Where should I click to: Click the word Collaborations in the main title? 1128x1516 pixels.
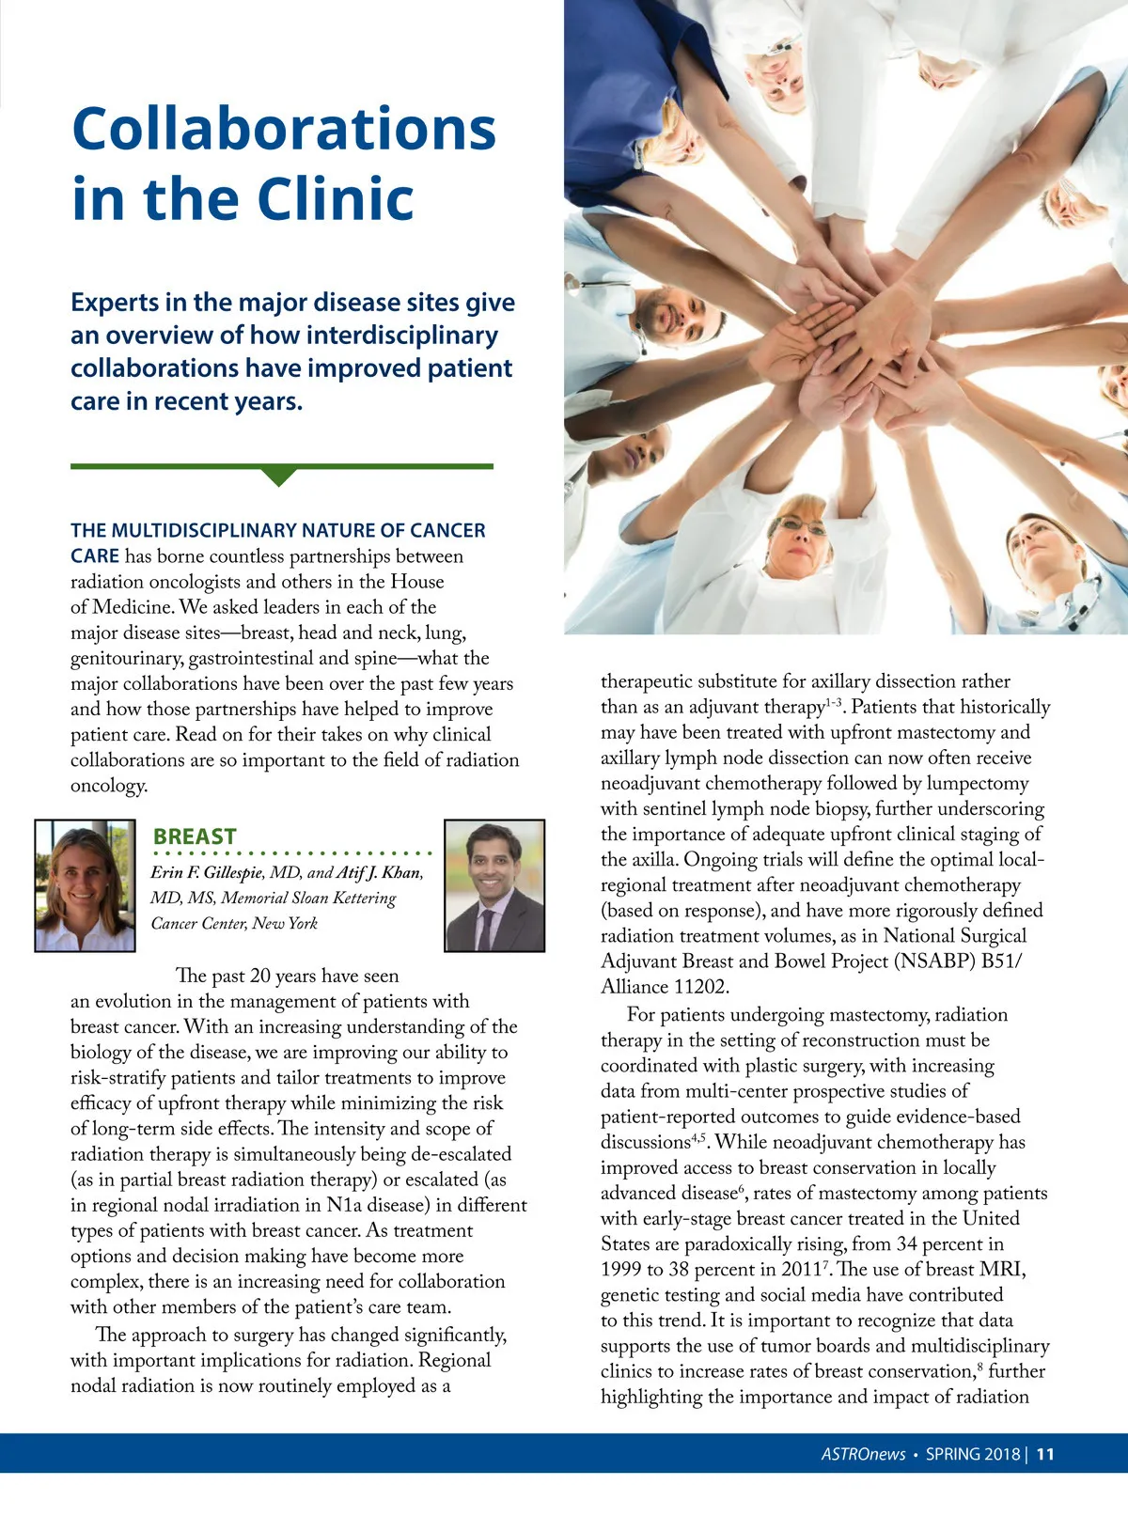[284, 129]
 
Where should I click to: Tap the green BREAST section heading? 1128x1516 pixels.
[195, 836]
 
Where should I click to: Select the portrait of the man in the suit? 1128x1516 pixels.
[494, 885]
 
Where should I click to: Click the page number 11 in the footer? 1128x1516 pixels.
[1045, 1454]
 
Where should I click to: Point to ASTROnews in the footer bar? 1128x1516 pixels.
[863, 1454]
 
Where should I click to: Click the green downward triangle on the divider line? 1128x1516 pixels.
[279, 476]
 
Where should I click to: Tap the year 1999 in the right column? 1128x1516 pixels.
[620, 1270]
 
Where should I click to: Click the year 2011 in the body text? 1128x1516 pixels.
[801, 1270]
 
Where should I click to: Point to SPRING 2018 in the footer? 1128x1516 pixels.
[973, 1454]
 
